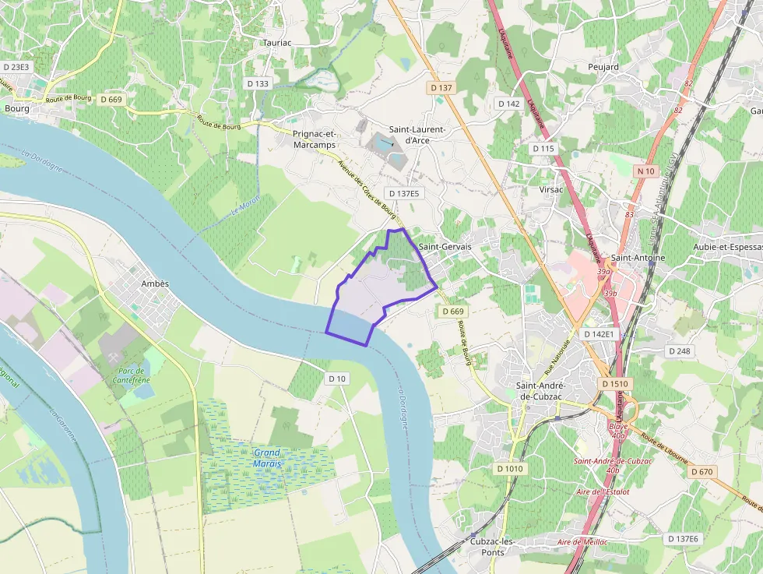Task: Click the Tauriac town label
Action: (x=277, y=43)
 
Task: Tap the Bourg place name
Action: (x=16, y=109)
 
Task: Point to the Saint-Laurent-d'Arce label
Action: (x=417, y=135)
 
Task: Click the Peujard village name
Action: (x=603, y=67)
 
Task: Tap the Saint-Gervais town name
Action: (x=445, y=247)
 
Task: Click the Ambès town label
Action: (x=155, y=284)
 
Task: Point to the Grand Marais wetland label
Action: (x=267, y=458)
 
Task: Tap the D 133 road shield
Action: (x=258, y=83)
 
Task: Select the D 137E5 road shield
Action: (x=403, y=193)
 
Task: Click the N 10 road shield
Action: (x=645, y=171)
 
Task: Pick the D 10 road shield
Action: (x=336, y=379)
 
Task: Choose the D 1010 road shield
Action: (x=510, y=469)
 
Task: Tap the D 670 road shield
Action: (x=701, y=472)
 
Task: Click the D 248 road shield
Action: (x=679, y=351)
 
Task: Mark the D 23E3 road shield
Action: (x=16, y=68)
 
